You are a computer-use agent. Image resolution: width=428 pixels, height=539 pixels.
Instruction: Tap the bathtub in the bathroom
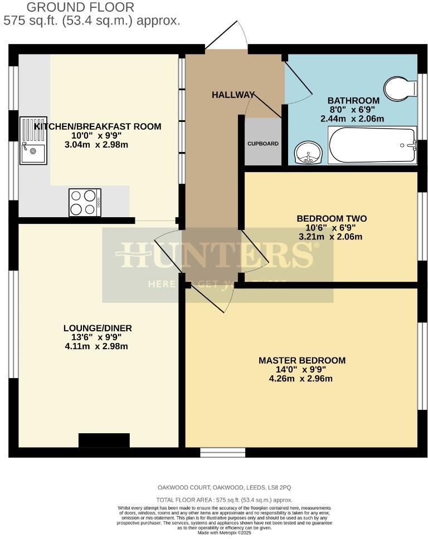click(x=372, y=145)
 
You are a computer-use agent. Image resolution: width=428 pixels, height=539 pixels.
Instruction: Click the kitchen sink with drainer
click(x=33, y=140)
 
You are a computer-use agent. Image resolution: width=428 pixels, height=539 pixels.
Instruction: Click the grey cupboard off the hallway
click(x=263, y=143)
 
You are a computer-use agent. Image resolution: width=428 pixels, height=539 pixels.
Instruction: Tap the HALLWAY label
click(x=233, y=95)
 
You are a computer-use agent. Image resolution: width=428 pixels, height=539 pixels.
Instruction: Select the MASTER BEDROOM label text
click(x=301, y=360)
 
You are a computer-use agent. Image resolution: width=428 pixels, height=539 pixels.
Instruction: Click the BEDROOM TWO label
click(x=331, y=218)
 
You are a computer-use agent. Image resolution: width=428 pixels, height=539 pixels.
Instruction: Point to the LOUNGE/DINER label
click(x=98, y=328)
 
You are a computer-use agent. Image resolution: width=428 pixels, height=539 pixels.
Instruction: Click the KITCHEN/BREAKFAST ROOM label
click(x=98, y=126)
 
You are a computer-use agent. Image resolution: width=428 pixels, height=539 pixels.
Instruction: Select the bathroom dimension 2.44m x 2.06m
click(x=352, y=119)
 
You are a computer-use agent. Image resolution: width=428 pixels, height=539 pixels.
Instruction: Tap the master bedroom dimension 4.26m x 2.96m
click(x=301, y=379)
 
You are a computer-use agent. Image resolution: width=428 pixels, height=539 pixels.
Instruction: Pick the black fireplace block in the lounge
click(x=104, y=440)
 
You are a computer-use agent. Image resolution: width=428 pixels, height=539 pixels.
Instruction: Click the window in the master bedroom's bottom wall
click(x=222, y=452)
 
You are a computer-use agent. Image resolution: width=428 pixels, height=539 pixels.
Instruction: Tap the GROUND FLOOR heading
click(x=80, y=7)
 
